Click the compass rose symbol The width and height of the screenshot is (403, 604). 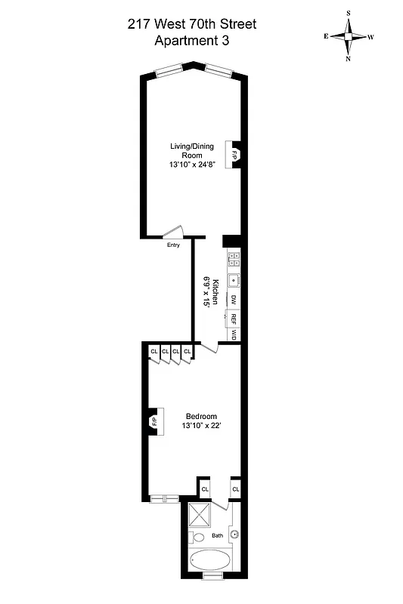349,35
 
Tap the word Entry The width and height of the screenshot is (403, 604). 173,244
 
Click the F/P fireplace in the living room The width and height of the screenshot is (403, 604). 236,154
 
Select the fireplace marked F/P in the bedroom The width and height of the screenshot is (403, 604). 153,421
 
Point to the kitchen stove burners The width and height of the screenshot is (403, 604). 234,260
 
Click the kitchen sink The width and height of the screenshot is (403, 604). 234,281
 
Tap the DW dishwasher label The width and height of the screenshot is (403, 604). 234,300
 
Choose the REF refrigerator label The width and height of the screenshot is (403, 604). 234,318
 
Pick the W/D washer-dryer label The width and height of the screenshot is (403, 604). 234,334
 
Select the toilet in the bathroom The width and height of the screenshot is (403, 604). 197,538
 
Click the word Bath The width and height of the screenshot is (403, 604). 218,536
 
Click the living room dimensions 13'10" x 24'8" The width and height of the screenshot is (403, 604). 192,165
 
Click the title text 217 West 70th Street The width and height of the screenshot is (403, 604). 191,25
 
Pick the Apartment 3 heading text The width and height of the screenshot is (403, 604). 191,42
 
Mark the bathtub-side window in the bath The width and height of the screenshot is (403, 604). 213,576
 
